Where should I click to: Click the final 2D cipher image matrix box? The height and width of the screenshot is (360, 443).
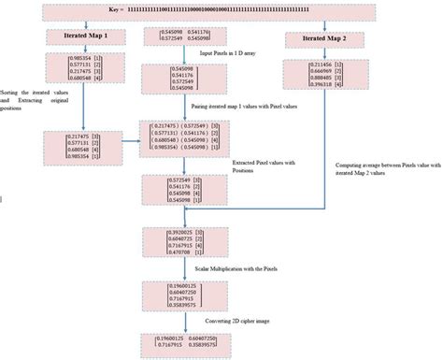(x=183, y=342)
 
